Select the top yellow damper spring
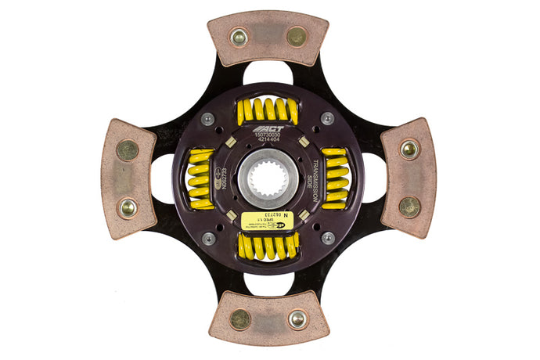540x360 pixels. click(x=267, y=110)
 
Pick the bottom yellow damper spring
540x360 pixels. click(x=267, y=247)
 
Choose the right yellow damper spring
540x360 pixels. click(x=335, y=178)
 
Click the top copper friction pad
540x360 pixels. click(x=267, y=38)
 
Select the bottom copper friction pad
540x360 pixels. click(x=268, y=318)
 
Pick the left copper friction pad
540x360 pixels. click(x=128, y=178)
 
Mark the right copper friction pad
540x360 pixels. click(x=407, y=178)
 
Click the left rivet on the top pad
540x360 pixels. click(x=239, y=37)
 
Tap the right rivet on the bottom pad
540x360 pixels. click(x=297, y=319)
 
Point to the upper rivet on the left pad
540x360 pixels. click(x=127, y=149)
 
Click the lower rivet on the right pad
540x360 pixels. click(x=409, y=207)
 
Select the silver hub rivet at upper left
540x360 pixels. click(x=208, y=119)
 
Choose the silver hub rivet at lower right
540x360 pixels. click(x=326, y=238)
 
